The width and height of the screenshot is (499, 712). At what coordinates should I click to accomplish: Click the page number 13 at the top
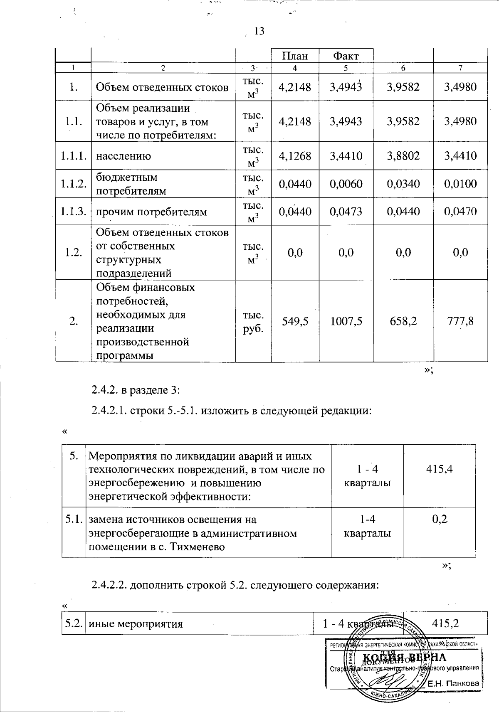click(x=259, y=31)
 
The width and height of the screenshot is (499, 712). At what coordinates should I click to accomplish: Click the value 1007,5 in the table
click(x=346, y=321)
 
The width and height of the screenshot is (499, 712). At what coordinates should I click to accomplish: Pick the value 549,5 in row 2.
click(x=295, y=321)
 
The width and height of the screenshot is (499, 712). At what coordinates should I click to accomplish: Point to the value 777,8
click(x=460, y=321)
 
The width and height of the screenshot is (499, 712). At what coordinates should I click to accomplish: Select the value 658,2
click(x=403, y=321)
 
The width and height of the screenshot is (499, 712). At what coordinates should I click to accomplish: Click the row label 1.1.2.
click(x=74, y=184)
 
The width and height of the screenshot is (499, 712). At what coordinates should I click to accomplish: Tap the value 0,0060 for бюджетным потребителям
click(x=346, y=184)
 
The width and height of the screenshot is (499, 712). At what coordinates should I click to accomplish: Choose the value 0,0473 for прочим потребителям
click(x=346, y=212)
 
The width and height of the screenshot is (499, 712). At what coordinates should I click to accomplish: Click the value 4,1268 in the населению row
click(x=295, y=156)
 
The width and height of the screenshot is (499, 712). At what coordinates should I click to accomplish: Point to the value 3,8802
click(x=403, y=156)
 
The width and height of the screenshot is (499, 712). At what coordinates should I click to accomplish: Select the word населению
click(x=124, y=156)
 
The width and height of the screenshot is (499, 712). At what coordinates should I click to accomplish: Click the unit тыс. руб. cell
click(x=253, y=321)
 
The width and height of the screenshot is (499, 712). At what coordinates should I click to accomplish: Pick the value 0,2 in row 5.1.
click(x=440, y=519)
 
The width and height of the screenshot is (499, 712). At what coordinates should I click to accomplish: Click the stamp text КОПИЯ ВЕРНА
click(x=405, y=657)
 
